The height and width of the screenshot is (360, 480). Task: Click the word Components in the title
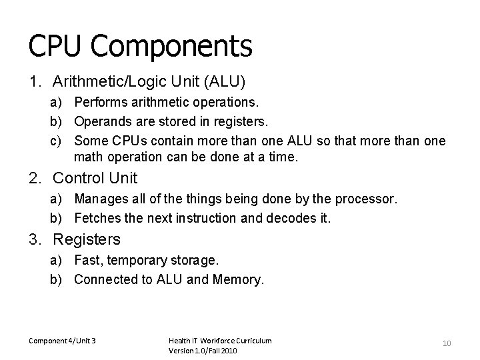(x=171, y=46)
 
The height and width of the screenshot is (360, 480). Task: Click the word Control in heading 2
(x=78, y=178)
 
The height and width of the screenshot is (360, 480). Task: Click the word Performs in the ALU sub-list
(x=98, y=103)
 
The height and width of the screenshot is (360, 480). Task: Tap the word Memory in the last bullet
(x=238, y=279)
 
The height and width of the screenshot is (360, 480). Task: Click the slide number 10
(x=447, y=343)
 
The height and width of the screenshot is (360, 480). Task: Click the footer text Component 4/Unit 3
(x=62, y=341)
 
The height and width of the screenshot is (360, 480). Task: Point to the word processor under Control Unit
(x=370, y=199)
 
